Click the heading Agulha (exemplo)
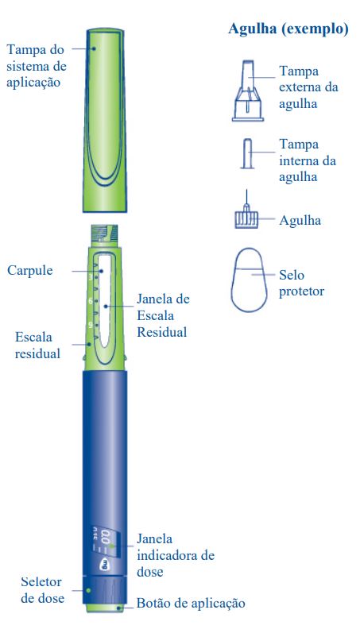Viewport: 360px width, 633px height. [x=288, y=29]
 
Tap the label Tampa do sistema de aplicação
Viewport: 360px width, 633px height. [x=37, y=66]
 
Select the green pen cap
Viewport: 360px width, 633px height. [x=106, y=120]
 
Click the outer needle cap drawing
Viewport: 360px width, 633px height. [x=248, y=91]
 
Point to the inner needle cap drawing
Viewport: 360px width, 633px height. [x=248, y=153]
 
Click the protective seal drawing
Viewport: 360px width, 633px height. [x=250, y=280]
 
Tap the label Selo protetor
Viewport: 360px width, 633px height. [x=301, y=284]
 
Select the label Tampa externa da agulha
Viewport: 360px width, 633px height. [x=308, y=87]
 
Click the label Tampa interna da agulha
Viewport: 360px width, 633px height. [x=308, y=160]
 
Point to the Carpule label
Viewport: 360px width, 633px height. [x=30, y=270]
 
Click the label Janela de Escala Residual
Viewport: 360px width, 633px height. [x=163, y=315]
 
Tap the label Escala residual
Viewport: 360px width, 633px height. [x=37, y=345]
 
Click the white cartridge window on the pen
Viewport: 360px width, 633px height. [x=106, y=300]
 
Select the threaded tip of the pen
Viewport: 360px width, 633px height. [x=104, y=234]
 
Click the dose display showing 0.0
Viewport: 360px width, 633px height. [x=106, y=538]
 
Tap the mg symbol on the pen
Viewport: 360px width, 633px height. [x=106, y=564]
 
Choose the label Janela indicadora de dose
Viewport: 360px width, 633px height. [x=175, y=555]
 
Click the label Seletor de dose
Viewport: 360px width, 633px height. [x=42, y=590]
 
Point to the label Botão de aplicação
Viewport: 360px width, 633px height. [x=191, y=604]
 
